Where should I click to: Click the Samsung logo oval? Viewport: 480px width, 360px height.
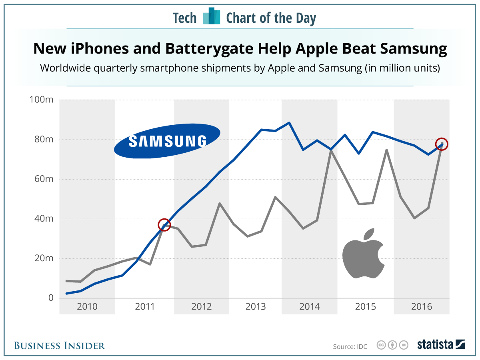click(167, 140)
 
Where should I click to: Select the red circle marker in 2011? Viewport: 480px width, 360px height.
click(164, 225)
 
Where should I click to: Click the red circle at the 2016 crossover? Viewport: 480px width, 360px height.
click(442, 144)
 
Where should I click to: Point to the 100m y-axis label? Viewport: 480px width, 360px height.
click(41, 100)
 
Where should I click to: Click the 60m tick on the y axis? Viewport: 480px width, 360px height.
click(43, 179)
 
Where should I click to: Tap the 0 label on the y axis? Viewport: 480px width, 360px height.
click(50, 298)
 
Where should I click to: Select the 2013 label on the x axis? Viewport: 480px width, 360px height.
click(255, 307)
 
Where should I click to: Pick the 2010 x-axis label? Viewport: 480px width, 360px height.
click(87, 307)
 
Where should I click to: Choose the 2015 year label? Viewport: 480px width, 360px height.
click(365, 307)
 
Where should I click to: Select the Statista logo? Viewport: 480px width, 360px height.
click(441, 344)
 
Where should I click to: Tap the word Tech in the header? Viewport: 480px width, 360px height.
click(184, 18)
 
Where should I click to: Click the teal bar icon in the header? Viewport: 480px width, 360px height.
click(212, 16)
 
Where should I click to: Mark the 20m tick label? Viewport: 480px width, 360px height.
click(43, 258)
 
